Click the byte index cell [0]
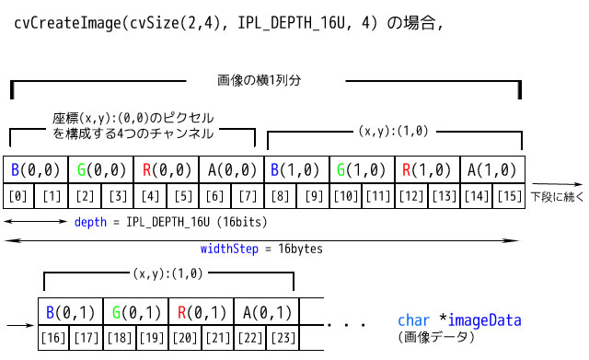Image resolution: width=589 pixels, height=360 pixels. point(20,195)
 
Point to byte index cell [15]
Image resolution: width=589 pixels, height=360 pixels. point(507,195)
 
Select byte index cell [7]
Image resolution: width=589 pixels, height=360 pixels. point(247,195)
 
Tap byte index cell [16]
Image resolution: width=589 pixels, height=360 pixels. point(54,338)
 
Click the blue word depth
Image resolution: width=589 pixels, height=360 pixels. point(92,223)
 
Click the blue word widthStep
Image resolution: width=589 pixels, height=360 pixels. point(227,249)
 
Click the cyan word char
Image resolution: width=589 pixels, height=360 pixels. point(413,320)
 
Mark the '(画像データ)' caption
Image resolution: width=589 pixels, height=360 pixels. point(436,338)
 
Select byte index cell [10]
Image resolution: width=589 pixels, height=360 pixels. point(346,195)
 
